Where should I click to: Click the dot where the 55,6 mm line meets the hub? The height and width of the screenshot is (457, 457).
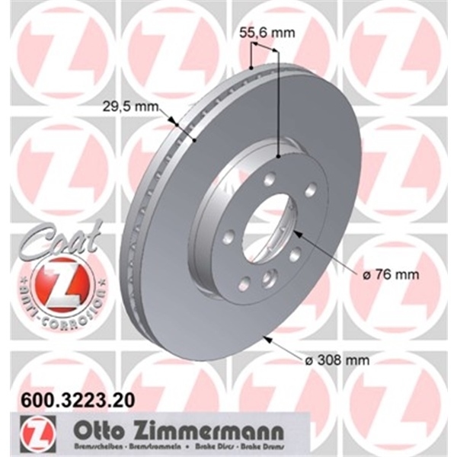pyautogui.click(x=280, y=155)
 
